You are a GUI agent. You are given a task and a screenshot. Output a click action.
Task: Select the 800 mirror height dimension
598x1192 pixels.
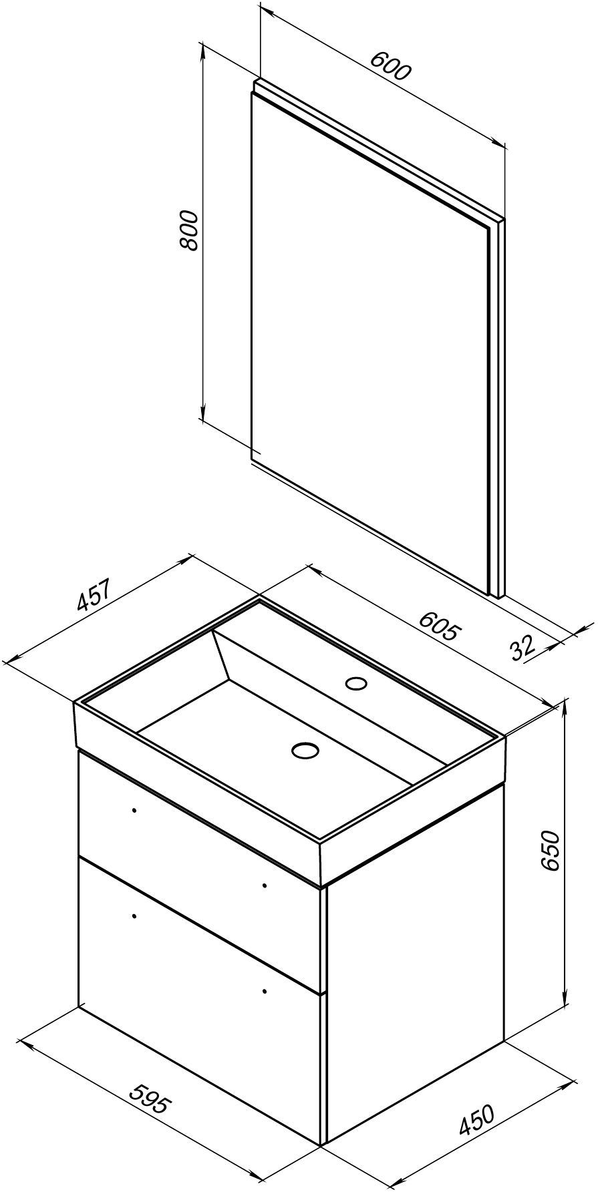click(x=190, y=230)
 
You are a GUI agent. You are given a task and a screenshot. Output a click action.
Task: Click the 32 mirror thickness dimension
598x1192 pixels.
click(x=522, y=646)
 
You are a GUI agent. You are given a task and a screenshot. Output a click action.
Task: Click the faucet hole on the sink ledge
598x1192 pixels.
click(x=356, y=683)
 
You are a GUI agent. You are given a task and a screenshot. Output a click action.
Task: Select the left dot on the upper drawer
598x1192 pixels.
click(x=134, y=810)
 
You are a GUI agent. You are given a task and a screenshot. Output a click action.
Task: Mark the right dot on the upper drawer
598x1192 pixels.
click(x=265, y=885)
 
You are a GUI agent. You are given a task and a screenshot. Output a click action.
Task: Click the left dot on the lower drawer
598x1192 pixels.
click(x=134, y=916)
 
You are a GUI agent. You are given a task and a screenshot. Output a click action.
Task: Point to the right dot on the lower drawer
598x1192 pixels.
click(x=265, y=991)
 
